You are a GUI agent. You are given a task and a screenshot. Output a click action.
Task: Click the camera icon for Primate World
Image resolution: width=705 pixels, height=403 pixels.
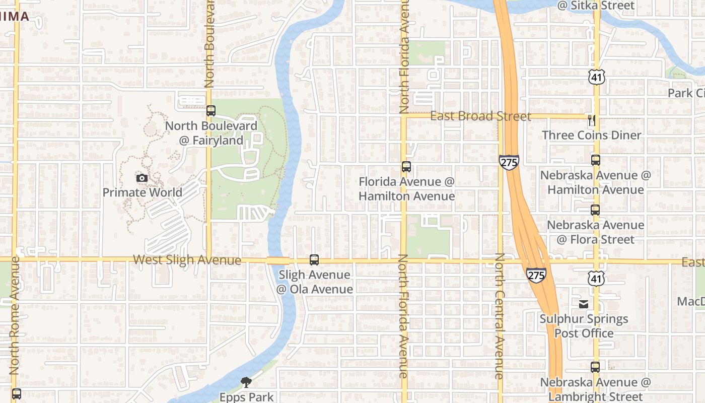[142, 178]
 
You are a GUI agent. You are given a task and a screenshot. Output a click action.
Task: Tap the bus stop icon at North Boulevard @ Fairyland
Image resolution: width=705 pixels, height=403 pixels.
[211, 111]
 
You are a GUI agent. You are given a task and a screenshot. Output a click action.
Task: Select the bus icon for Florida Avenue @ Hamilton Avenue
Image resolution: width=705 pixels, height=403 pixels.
[406, 167]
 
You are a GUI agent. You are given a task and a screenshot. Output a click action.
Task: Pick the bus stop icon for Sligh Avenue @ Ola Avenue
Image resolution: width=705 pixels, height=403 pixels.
[314, 260]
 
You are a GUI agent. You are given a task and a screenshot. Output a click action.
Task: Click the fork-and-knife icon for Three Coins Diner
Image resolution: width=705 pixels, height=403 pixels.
[592, 120]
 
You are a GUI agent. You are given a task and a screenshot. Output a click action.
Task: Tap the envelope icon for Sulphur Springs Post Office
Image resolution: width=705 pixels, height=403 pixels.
[584, 304]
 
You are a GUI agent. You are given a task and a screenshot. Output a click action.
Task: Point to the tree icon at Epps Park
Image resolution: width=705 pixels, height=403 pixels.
[246, 382]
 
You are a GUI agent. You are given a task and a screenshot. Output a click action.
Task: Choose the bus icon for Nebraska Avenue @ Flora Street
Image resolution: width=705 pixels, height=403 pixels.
[595, 210]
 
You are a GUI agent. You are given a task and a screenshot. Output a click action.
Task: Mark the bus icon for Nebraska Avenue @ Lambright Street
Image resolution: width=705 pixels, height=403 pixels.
[595, 367]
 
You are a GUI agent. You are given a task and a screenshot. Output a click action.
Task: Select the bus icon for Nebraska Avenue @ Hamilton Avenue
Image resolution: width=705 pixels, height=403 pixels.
[596, 160]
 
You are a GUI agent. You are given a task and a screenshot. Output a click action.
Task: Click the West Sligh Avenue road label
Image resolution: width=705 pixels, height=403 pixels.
[187, 260]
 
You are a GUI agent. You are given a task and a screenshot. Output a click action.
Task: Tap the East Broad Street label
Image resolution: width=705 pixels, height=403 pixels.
[480, 116]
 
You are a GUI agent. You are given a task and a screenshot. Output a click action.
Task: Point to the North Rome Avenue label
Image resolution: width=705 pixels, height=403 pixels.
[14, 315]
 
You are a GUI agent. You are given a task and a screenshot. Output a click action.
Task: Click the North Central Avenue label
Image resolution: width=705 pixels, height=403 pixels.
[499, 316]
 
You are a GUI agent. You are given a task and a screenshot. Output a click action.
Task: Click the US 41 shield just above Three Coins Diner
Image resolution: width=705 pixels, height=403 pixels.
[596, 77]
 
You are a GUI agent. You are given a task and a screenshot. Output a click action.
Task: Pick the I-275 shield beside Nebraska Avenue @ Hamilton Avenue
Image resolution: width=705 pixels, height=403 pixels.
[509, 162]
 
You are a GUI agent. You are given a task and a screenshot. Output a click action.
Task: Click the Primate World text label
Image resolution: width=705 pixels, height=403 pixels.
[143, 192]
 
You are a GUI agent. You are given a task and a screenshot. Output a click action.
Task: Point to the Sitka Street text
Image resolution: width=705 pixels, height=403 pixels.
[596, 6]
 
